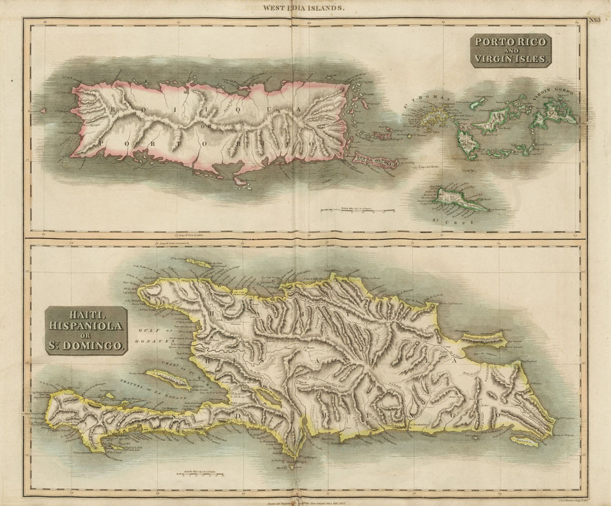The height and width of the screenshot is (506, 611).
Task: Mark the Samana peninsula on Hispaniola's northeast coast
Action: click(483, 339)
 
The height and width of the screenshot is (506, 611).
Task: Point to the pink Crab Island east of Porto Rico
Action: click(374, 161)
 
